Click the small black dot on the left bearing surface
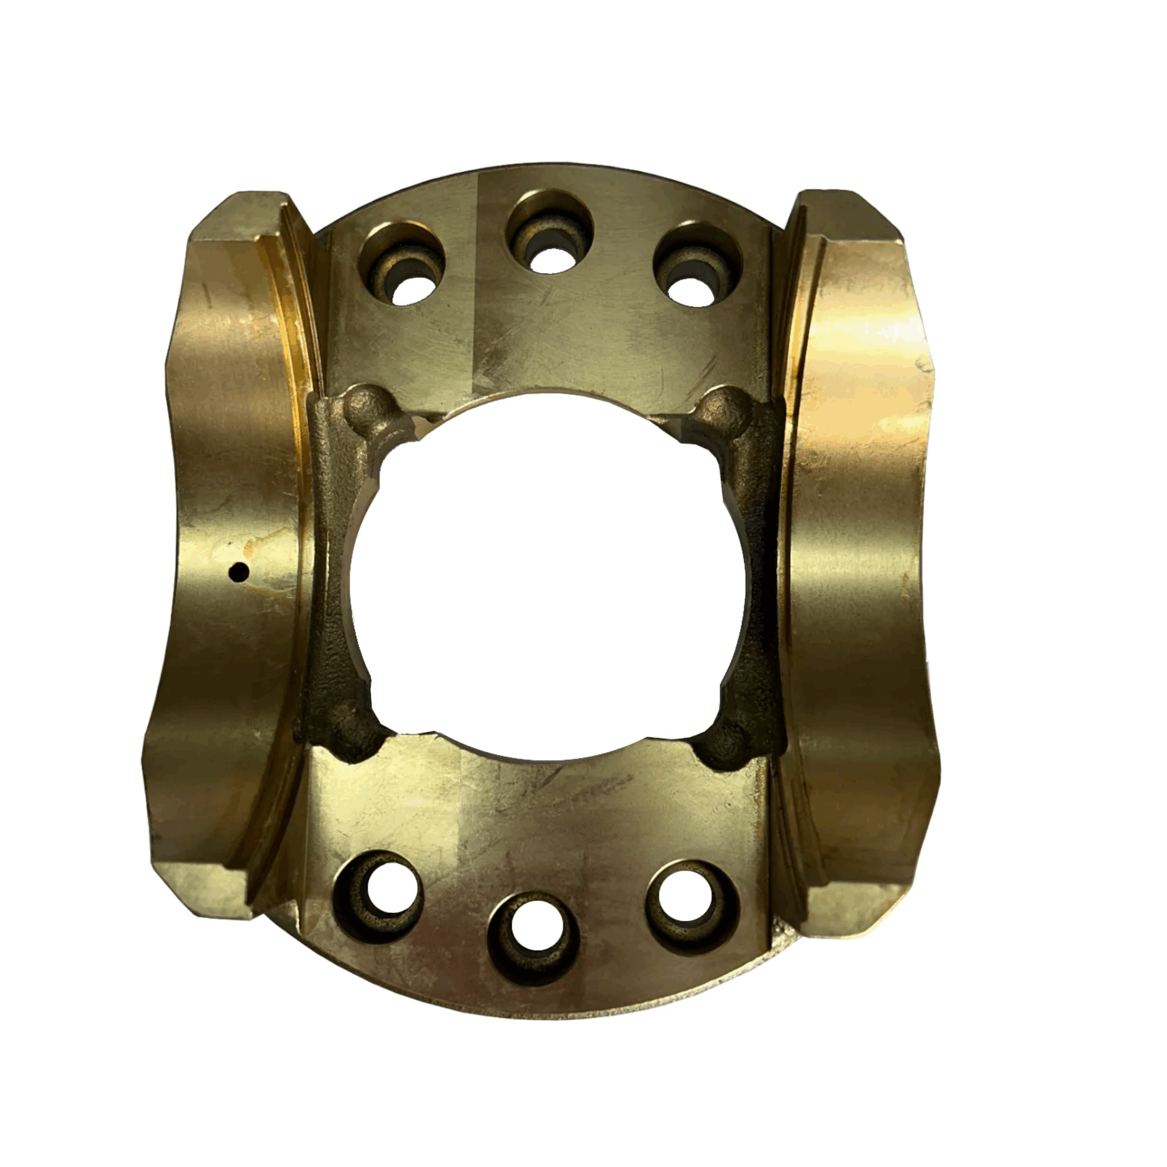tap(241, 570)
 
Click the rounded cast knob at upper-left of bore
tap(366, 406)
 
